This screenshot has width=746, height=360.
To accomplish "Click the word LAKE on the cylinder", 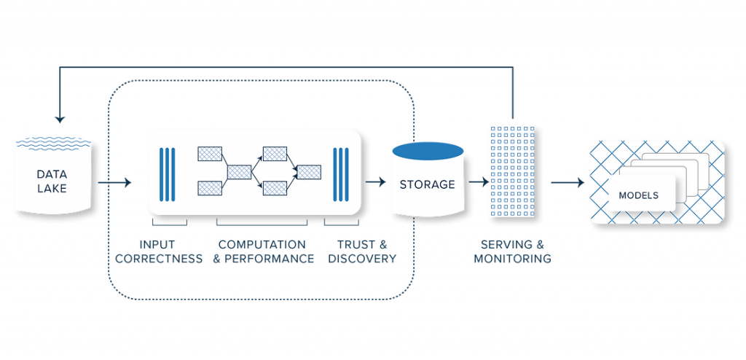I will [x=52, y=189].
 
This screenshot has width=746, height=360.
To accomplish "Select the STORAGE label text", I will [x=427, y=184].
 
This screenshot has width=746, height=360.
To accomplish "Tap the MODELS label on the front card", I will [x=638, y=195].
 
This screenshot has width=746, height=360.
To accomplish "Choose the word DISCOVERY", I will [x=362, y=259].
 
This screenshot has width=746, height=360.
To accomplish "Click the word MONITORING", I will [x=512, y=259].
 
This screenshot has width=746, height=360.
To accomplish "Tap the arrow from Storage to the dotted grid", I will [x=478, y=182].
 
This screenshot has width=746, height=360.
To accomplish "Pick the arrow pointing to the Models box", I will [x=568, y=182].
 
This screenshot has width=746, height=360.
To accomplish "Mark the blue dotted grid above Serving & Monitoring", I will [x=511, y=171].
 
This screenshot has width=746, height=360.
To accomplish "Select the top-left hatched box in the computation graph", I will [x=210, y=154].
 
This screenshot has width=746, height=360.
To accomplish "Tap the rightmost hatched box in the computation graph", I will [x=309, y=172].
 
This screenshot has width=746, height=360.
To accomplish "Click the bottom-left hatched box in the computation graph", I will [x=210, y=188].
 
